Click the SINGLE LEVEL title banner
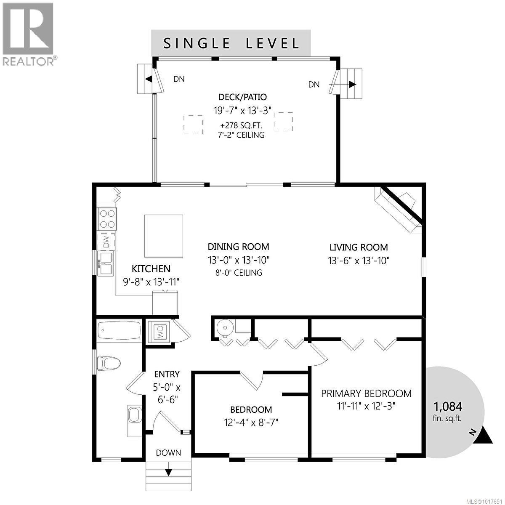click(x=231, y=43)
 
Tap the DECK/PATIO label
click(x=239, y=97)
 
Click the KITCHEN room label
click(x=151, y=269)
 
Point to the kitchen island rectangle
click(x=164, y=236)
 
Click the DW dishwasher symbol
click(x=106, y=242)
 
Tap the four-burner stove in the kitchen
click(x=106, y=218)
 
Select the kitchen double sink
click(x=106, y=263)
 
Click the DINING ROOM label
click(x=238, y=247)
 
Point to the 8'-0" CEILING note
click(x=238, y=273)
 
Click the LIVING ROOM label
click(x=359, y=247)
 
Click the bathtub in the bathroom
click(x=119, y=331)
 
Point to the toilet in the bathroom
click(x=108, y=362)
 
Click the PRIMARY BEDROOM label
click(x=366, y=393)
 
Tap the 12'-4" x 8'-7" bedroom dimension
click(x=251, y=422)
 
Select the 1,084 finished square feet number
click(x=448, y=407)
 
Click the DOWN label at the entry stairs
click(x=168, y=453)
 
